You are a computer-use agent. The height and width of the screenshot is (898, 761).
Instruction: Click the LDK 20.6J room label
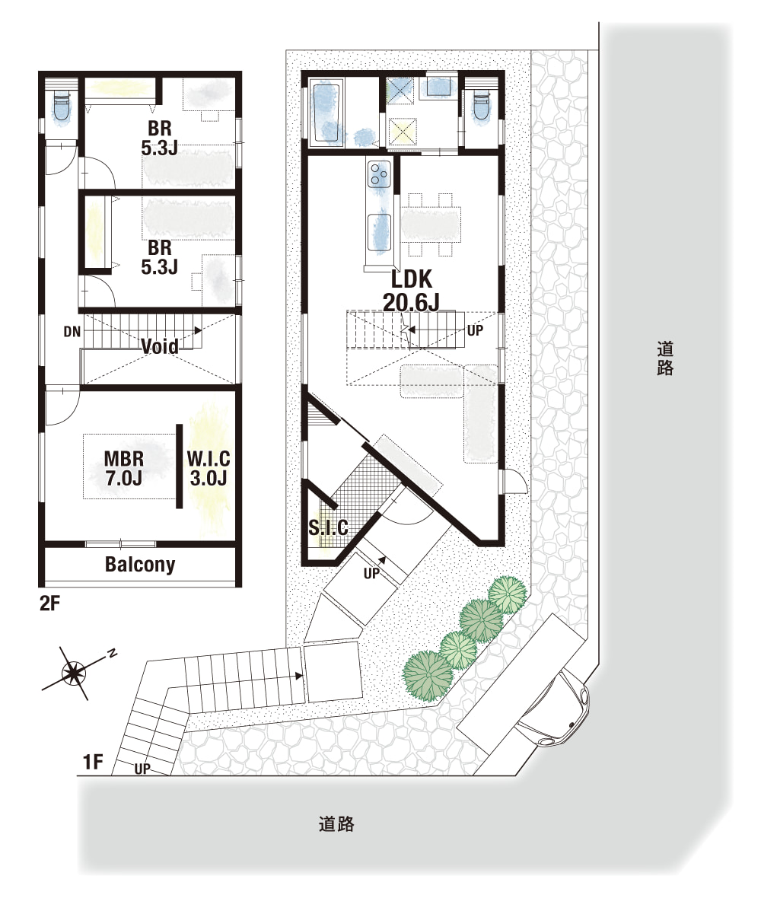pyautogui.click(x=411, y=291)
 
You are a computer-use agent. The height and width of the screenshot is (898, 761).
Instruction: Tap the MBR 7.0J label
pyautogui.click(x=124, y=468)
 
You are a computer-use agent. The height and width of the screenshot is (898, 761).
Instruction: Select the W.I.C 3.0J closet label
pyautogui.click(x=209, y=468)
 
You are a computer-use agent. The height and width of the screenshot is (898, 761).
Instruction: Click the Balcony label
pyautogui.click(x=140, y=564)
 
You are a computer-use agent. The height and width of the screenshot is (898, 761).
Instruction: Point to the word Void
pyautogui.click(x=159, y=346)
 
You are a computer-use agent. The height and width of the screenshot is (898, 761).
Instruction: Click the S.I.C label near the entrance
pyautogui.click(x=328, y=527)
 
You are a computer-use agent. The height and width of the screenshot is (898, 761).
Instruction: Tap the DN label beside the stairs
pyautogui.click(x=72, y=332)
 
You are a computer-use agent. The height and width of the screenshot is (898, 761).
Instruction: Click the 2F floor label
pyautogui.click(x=49, y=603)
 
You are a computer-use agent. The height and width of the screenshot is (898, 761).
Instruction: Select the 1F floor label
pyautogui.click(x=93, y=763)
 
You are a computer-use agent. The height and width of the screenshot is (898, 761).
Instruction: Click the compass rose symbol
pyautogui.click(x=74, y=673)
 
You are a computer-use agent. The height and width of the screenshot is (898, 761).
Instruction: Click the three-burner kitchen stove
pyautogui.click(x=378, y=174)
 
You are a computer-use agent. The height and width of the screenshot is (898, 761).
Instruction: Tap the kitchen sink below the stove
pyautogui.click(x=378, y=231)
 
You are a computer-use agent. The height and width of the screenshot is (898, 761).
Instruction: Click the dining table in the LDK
pyautogui.click(x=431, y=224)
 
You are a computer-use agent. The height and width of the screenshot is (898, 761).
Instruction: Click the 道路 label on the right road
pyautogui.click(x=665, y=358)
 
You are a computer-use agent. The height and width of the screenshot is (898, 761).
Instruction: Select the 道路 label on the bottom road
pyautogui.click(x=336, y=824)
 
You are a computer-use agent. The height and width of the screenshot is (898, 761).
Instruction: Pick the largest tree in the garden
pyautogui.click(x=428, y=675)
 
